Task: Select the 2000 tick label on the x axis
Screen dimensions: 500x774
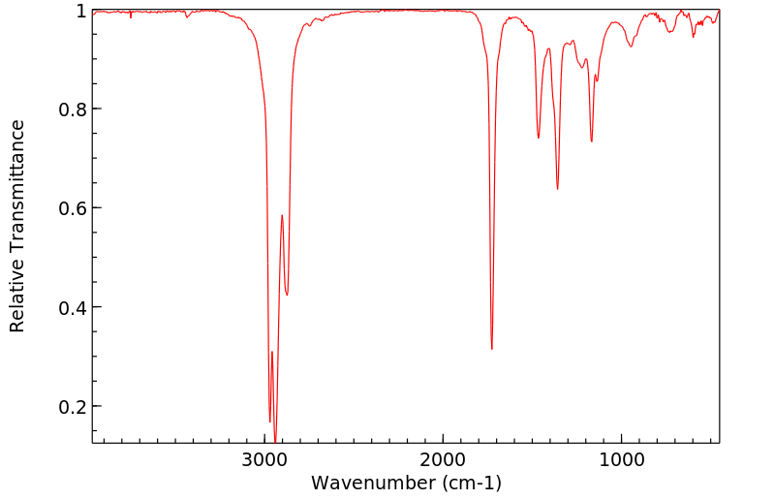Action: (443, 460)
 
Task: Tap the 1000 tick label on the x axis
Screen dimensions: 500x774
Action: (621, 460)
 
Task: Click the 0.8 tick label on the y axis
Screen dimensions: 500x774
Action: (73, 109)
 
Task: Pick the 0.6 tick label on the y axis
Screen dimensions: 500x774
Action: (73, 208)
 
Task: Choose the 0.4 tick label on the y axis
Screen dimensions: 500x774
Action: (73, 307)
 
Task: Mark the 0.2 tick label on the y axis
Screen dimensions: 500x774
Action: (73, 406)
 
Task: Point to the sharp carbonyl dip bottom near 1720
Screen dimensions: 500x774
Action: (492, 349)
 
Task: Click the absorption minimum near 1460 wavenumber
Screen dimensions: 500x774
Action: (539, 138)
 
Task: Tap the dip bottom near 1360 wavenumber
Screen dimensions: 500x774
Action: (557, 188)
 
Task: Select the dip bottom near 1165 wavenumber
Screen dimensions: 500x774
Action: (592, 141)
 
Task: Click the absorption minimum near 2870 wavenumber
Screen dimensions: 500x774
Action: (287, 296)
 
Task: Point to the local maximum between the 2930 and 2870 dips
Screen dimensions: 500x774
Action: (282, 215)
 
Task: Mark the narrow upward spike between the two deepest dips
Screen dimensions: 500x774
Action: (272, 352)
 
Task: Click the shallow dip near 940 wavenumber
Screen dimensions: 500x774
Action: (632, 46)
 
